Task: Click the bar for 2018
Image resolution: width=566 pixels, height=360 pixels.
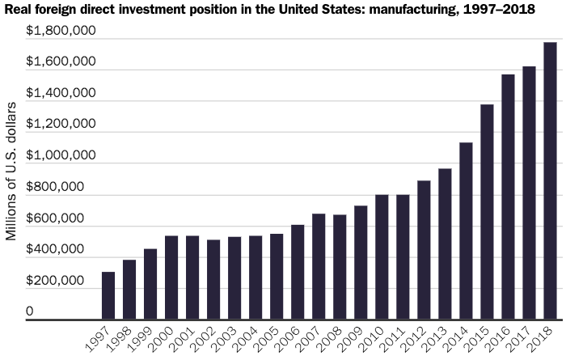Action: tap(550, 182)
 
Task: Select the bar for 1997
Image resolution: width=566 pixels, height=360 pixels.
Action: tap(108, 296)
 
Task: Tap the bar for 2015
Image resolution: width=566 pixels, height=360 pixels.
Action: tap(487, 213)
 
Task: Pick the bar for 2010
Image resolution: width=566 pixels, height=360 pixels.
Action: tap(382, 258)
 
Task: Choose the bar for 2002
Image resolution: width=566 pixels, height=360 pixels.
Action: tap(213, 280)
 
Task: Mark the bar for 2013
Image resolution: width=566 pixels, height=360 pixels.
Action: tap(445, 244)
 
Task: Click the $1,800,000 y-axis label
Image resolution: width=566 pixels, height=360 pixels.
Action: tap(61, 31)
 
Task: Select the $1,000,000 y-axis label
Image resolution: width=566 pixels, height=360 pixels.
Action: tap(61, 155)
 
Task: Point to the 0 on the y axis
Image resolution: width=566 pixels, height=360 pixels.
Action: tap(30, 311)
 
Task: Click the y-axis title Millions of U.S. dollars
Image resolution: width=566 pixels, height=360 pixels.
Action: tap(11, 172)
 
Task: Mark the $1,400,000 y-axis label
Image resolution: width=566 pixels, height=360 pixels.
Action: tap(61, 93)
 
